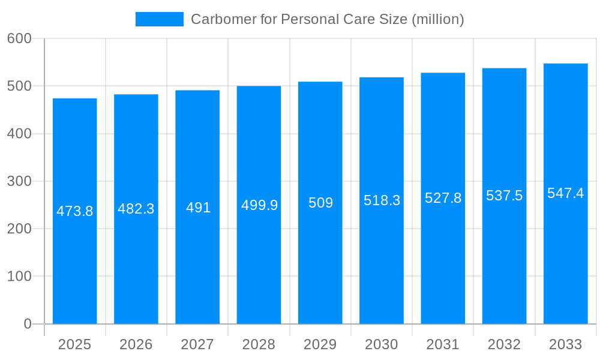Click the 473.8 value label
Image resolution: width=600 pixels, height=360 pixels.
click(x=75, y=211)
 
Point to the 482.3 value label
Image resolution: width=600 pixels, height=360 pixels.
click(x=136, y=209)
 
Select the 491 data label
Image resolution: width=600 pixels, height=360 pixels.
click(x=198, y=208)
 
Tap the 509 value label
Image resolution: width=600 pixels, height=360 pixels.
click(x=320, y=203)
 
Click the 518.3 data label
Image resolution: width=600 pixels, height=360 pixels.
click(x=382, y=200)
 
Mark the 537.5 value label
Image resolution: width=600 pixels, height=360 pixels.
click(x=504, y=196)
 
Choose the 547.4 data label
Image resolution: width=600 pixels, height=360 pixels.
click(x=565, y=193)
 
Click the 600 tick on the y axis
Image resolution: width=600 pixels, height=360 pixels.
click(x=19, y=38)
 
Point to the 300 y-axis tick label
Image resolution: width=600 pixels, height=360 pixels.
click(x=19, y=181)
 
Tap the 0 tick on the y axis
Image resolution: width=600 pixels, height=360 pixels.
click(x=27, y=324)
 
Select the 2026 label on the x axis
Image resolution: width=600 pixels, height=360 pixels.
click(x=136, y=344)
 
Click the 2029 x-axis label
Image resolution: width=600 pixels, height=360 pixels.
click(x=320, y=344)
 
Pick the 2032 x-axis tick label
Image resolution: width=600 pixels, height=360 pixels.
click(x=504, y=344)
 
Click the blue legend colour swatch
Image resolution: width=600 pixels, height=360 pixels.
click(x=160, y=19)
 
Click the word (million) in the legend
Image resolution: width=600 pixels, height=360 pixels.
click(x=437, y=19)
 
